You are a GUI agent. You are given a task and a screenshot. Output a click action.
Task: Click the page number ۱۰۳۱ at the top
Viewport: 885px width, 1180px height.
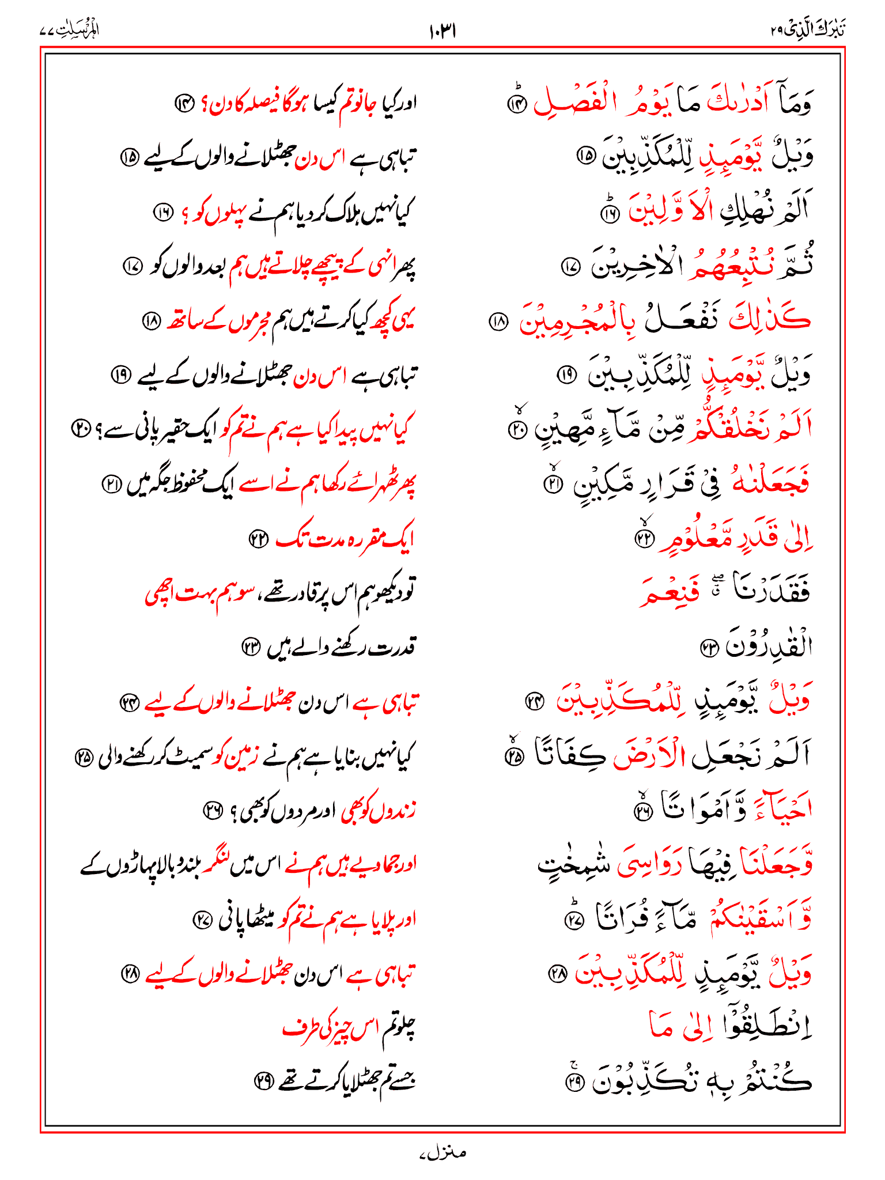(442, 31)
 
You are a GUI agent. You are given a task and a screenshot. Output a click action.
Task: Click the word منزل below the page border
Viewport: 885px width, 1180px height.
(443, 1152)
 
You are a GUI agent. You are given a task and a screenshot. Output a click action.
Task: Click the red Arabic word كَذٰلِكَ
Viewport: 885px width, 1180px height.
(769, 319)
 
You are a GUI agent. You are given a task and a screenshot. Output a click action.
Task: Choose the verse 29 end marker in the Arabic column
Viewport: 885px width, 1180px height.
(576, 1084)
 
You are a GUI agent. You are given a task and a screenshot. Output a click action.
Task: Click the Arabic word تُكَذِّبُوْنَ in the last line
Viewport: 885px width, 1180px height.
(639, 1083)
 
